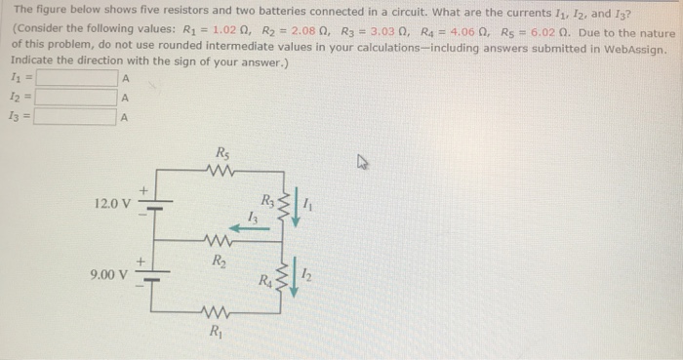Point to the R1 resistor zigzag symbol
216,312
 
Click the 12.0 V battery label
112,205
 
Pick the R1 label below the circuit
215,330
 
